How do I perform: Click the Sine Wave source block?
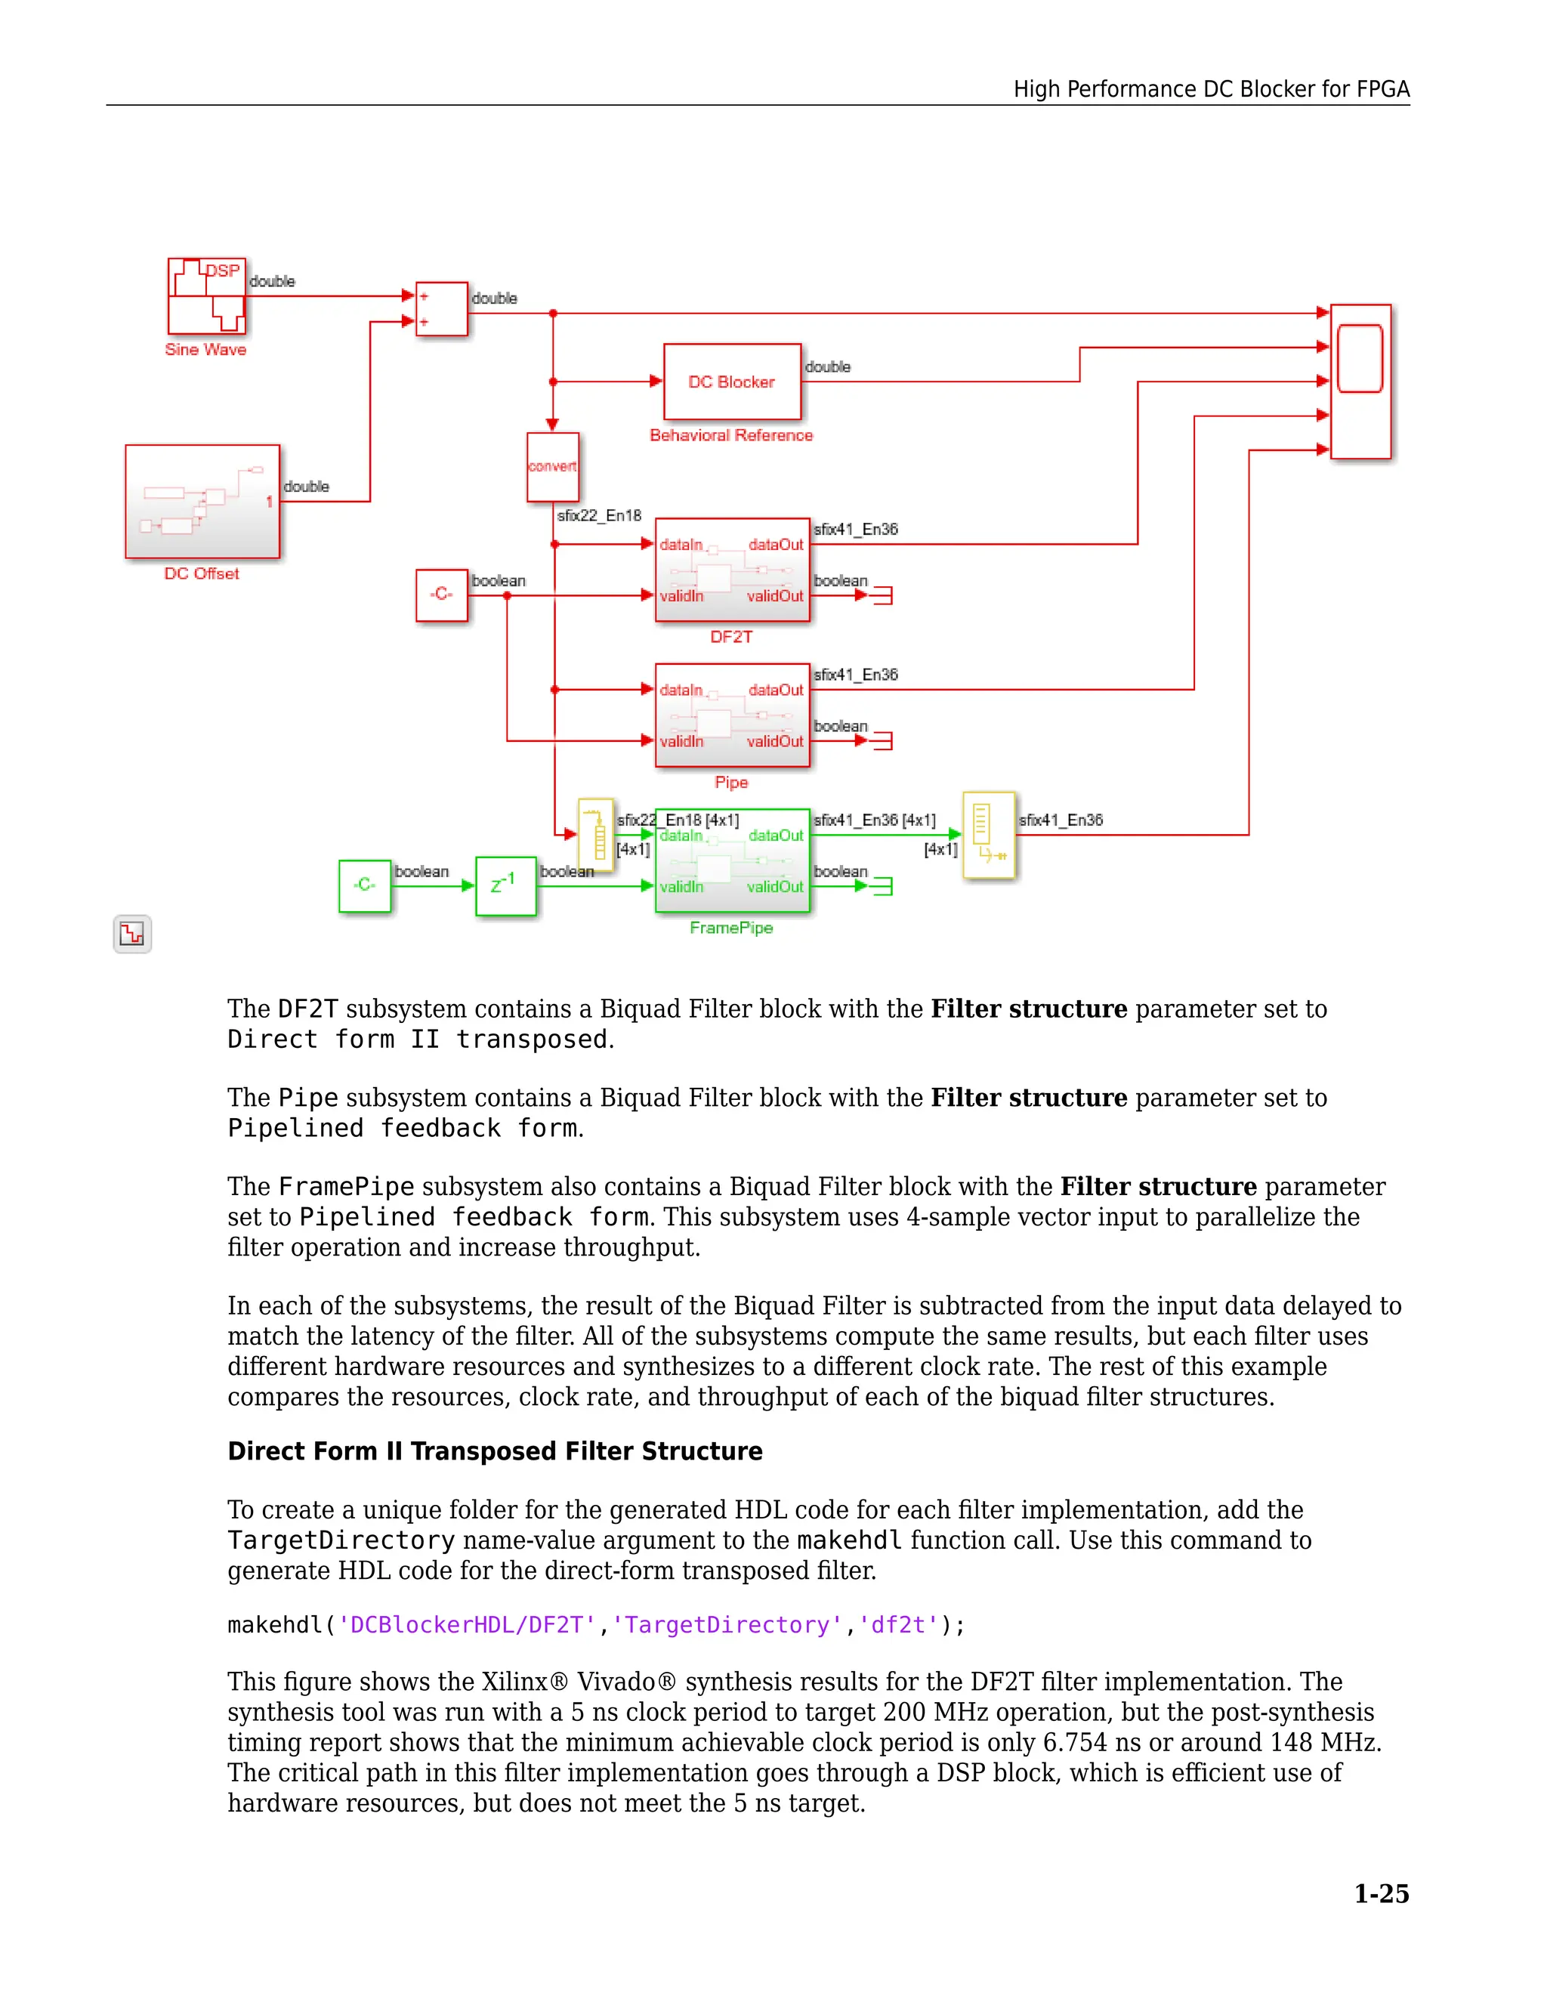[206, 296]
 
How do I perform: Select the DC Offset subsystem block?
[202, 502]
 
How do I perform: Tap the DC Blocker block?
[731, 382]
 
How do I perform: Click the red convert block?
[553, 467]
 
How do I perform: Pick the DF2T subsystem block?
[732, 570]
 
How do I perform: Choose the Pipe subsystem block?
[732, 715]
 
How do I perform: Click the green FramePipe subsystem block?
[732, 860]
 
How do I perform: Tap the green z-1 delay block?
[505, 885]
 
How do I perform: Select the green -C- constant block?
[365, 885]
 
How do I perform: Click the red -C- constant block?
[442, 595]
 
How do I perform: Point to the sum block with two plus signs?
[442, 309]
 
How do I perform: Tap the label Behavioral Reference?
[730, 435]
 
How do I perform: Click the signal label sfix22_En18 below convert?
[599, 516]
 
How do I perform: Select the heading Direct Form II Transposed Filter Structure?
[495, 1451]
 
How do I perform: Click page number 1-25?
[1381, 1893]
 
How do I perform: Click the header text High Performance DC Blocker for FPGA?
[1211, 89]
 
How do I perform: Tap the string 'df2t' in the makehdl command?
[898, 1625]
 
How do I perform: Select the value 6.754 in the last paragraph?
[1075, 1743]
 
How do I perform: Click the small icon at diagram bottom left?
[132, 934]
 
